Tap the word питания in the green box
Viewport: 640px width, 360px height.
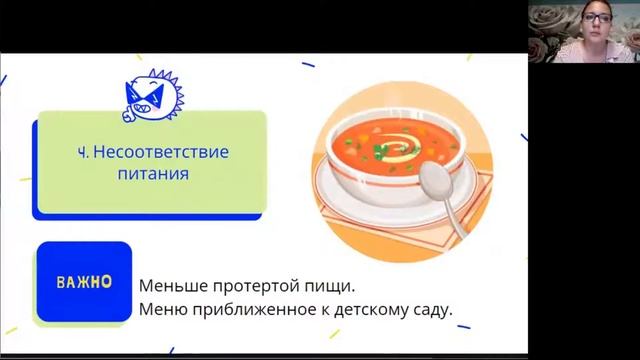coord(153,173)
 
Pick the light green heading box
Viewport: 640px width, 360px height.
coord(151,162)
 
